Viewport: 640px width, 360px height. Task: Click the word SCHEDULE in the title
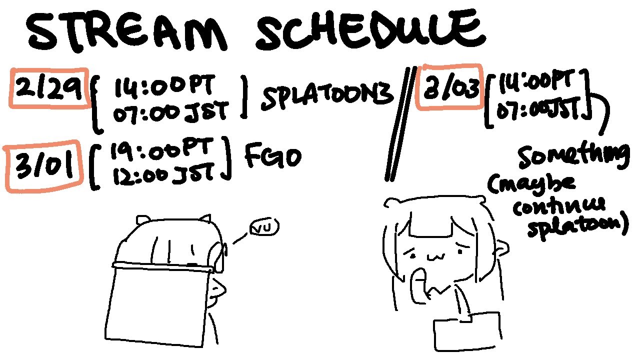click(370, 30)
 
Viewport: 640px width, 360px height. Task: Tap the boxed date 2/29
click(49, 88)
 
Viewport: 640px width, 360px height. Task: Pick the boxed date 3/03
click(449, 86)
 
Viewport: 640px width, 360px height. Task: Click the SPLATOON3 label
click(327, 95)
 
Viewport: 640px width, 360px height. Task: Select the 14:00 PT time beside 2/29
click(164, 85)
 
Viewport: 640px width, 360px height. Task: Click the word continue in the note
click(558, 206)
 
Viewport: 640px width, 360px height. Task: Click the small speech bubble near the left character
click(264, 227)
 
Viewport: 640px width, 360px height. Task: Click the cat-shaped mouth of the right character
click(436, 257)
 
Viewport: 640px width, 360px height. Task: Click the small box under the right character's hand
click(467, 331)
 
